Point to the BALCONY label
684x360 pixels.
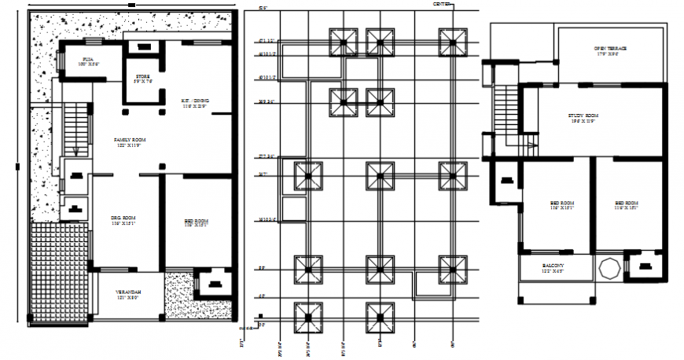point(556,267)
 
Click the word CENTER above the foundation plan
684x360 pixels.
point(443,5)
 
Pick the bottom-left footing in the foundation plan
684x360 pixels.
point(308,318)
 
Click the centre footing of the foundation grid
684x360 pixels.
point(380,175)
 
